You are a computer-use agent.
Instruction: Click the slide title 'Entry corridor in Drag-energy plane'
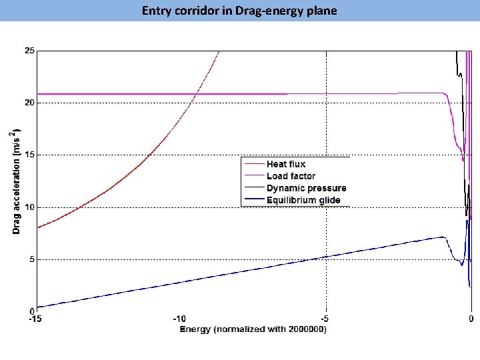[239, 11]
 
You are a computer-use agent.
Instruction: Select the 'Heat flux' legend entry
[286, 164]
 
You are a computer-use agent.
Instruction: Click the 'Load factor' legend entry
[291, 176]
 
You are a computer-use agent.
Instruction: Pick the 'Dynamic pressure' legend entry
[306, 188]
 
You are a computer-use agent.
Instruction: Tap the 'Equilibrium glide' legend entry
[303, 200]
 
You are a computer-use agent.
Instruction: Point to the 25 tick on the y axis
[30, 51]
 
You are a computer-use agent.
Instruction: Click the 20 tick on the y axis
[30, 103]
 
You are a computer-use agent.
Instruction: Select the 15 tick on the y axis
[30, 155]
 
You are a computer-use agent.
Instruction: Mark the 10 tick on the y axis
[30, 207]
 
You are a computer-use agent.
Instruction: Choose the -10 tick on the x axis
[181, 319]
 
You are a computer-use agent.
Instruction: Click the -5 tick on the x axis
[325, 319]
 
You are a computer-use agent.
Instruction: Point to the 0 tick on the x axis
[471, 319]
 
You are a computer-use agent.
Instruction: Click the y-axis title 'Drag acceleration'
[16, 180]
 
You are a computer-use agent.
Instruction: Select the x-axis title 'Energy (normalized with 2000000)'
[253, 329]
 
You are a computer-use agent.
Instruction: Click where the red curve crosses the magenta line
[194, 94]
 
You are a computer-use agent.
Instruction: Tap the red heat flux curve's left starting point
[37, 228]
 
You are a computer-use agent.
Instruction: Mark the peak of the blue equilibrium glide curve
[443, 237]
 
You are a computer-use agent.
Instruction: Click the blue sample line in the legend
[253, 200]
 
